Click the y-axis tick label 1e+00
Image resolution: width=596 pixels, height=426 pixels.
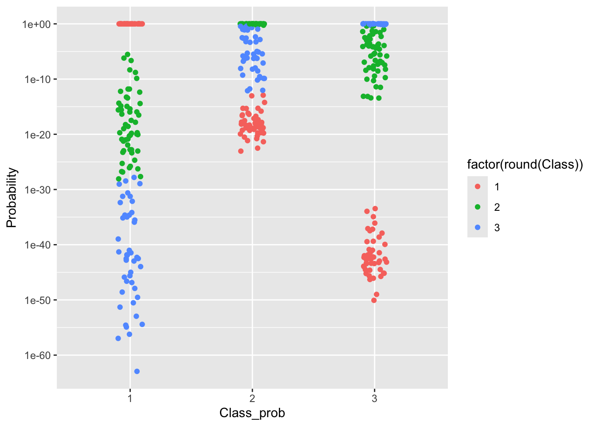pos(36,24)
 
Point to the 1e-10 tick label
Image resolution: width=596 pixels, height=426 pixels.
pos(38,79)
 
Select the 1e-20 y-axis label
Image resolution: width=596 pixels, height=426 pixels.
pos(38,135)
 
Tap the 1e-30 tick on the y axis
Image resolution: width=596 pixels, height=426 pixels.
pos(38,190)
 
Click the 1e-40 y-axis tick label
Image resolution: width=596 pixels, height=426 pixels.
pos(38,245)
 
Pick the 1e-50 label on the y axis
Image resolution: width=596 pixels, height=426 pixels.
pos(38,300)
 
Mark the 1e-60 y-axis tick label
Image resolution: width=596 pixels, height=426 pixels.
pos(38,355)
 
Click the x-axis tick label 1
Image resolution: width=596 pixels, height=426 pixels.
pos(130,398)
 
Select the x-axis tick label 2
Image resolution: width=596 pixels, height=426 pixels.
pos(252,398)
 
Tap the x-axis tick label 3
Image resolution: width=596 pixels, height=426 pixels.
pos(374,398)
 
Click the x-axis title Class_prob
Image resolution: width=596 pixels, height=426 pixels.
pos(252,413)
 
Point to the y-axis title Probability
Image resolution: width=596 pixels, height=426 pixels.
pos(12,197)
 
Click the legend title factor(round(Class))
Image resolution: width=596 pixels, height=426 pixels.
pos(525,165)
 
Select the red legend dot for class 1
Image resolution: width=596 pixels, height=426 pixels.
pos(478,187)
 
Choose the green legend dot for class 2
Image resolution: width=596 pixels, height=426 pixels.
pos(478,207)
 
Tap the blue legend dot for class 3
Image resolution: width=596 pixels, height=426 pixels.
pos(478,227)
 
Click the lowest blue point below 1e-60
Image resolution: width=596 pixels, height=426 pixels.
pos(137,371)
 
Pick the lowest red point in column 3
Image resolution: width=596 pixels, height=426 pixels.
pos(374,300)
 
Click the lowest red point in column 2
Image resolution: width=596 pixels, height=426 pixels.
pos(241,151)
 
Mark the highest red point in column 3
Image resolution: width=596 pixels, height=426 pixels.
pos(375,209)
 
